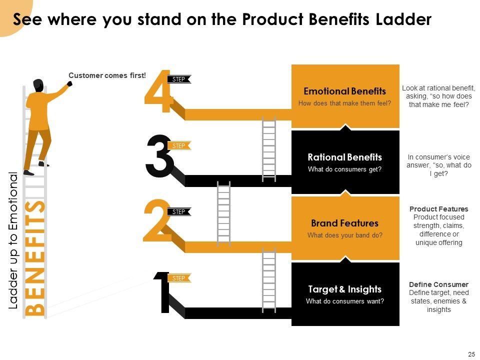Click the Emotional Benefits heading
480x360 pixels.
[344, 91]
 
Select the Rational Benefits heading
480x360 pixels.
[344, 157]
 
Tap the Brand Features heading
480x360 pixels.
[344, 223]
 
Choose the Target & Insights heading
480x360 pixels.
[344, 289]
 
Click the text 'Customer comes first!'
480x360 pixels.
[107, 75]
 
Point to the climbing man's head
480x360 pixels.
[38, 85]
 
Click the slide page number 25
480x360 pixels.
[471, 354]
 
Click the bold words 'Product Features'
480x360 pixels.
[438, 209]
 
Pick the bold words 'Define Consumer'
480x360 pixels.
[438, 284]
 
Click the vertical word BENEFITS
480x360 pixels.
[35, 257]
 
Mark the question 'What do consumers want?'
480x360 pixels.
[344, 301]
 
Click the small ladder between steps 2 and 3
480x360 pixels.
[223, 209]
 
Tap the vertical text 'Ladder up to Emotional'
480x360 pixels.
[13, 240]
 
